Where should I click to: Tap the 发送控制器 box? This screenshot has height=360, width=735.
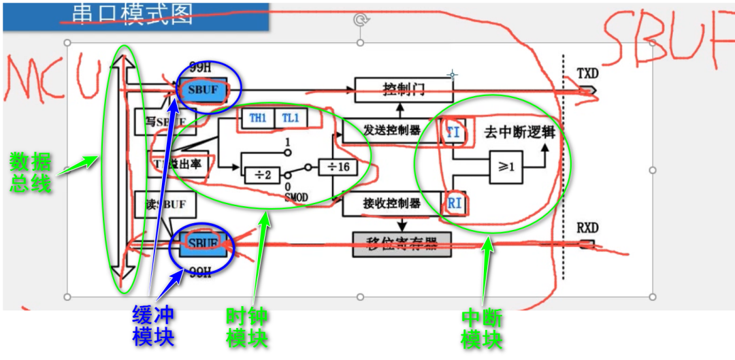[391, 130]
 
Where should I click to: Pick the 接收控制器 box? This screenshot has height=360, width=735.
[391, 202]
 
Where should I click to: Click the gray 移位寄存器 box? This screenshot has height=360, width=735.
[402, 244]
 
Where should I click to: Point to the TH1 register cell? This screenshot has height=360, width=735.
[257, 118]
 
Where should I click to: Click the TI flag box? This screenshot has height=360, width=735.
[453, 131]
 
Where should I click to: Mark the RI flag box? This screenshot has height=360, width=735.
[454, 202]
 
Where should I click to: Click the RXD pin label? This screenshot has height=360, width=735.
[587, 228]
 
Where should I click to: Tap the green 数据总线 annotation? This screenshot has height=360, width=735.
[31, 172]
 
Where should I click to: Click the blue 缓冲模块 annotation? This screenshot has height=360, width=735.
[153, 326]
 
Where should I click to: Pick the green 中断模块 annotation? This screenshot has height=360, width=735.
[483, 328]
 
